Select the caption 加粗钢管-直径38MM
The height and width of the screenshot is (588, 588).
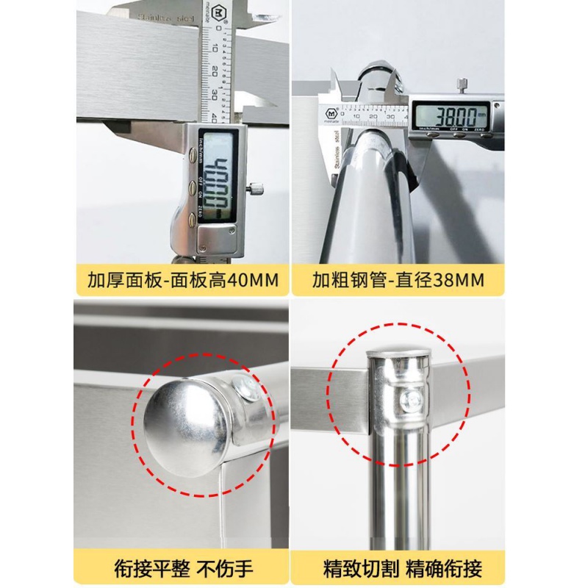point(398,279)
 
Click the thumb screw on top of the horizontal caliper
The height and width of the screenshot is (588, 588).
point(462,85)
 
